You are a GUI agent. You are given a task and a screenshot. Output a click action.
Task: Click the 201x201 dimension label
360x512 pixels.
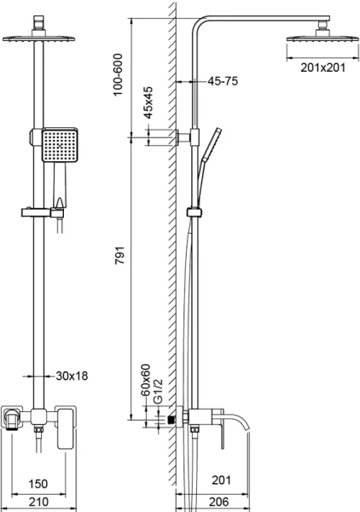pos(323,68)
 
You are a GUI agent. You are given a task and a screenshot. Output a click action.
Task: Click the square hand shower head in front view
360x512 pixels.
pos(60,145)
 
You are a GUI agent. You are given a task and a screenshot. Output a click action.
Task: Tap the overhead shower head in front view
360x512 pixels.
pos(38,36)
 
